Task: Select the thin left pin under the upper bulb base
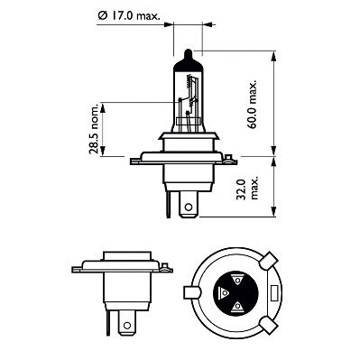[x=168, y=204]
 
